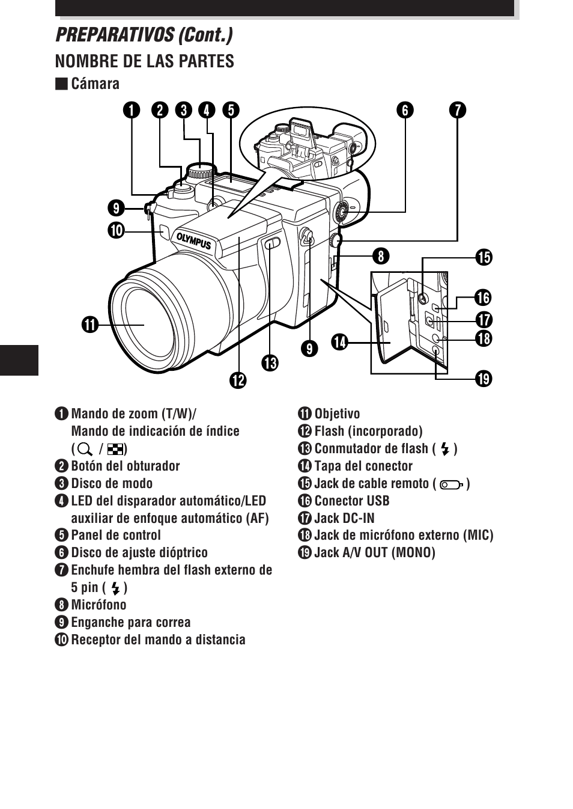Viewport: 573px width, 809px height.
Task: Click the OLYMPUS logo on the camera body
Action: pyautogui.click(x=193, y=240)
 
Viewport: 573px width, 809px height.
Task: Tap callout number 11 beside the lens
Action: pyautogui.click(x=90, y=325)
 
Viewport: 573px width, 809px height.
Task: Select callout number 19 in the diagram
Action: pyautogui.click(x=483, y=379)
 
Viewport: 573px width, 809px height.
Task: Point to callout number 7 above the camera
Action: pyautogui.click(x=457, y=110)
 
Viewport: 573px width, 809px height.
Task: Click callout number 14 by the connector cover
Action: pyautogui.click(x=340, y=342)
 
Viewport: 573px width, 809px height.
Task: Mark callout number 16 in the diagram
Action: pyautogui.click(x=483, y=298)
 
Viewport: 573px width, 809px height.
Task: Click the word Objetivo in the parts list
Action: pyautogui.click(x=337, y=414)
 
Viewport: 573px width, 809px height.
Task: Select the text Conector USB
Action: pyautogui.click(x=351, y=501)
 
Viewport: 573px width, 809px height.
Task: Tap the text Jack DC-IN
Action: pyautogui.click(x=344, y=518)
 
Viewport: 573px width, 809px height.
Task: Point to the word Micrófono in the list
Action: pyautogui.click(x=99, y=605)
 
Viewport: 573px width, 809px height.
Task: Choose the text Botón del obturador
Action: pyautogui.click(x=125, y=466)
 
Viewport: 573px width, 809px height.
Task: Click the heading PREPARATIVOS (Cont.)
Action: pyautogui.click(x=144, y=35)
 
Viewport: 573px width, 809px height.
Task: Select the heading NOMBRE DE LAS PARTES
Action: pyautogui.click(x=144, y=61)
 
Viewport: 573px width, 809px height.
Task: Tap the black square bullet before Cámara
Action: pyautogui.click(x=61, y=84)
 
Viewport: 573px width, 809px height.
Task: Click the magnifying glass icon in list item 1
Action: pyautogui.click(x=85, y=449)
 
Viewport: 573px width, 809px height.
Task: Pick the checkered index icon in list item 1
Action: pyautogui.click(x=115, y=449)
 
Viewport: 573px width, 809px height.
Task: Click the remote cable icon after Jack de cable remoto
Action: pyautogui.click(x=451, y=484)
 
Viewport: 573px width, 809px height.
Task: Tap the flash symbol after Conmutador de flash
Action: pyautogui.click(x=445, y=449)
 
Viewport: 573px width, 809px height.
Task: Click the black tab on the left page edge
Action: pyautogui.click(x=19, y=360)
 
